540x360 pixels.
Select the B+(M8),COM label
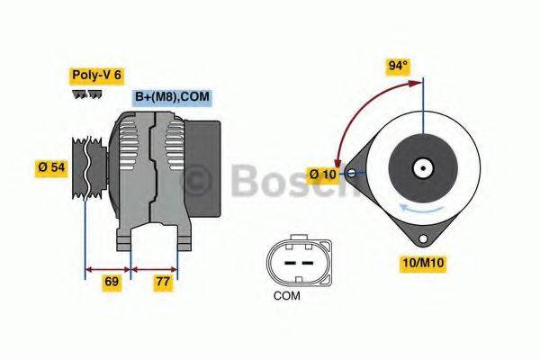coord(172,97)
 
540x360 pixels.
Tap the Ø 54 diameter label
coord(51,168)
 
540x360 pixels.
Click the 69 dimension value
coord(111,282)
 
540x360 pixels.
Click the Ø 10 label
coord(321,173)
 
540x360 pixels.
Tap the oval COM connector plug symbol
coord(289,260)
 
